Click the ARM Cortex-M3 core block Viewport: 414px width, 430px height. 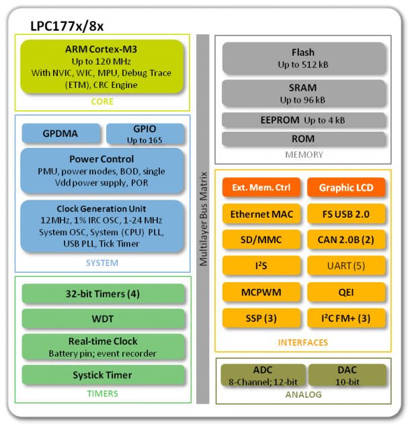pos(102,67)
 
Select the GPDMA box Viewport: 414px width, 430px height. pos(61,134)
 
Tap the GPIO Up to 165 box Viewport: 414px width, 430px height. pos(145,134)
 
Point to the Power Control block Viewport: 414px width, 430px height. pos(102,171)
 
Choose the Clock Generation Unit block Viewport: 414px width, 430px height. pos(102,226)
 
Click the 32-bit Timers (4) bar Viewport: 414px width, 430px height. pos(102,294)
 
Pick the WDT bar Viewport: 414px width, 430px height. pos(102,317)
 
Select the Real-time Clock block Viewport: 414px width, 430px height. pos(102,347)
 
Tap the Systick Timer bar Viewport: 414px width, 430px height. pos(102,375)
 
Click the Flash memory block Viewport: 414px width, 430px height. pos(303,58)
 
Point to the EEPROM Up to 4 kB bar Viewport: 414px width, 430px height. pos(303,120)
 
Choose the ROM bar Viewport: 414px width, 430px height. pos(303,138)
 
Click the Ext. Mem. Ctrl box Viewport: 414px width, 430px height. pos(261,187)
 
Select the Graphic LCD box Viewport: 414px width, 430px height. pos(347,187)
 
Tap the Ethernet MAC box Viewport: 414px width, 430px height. pos(261,214)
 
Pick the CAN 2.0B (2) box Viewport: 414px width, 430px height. pos(347,239)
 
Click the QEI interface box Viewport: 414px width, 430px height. pos(347,292)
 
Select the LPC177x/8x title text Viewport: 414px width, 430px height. pos(67,26)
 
